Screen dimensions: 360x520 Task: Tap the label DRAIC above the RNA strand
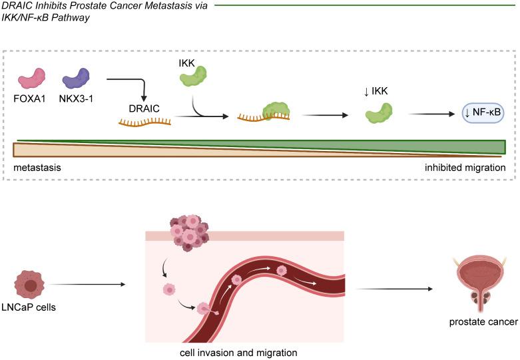[x=144, y=108]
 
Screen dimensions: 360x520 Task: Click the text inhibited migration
[x=465, y=167]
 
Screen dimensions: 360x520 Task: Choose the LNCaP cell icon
[x=31, y=284]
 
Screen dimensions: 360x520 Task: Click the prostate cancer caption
[x=482, y=322]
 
